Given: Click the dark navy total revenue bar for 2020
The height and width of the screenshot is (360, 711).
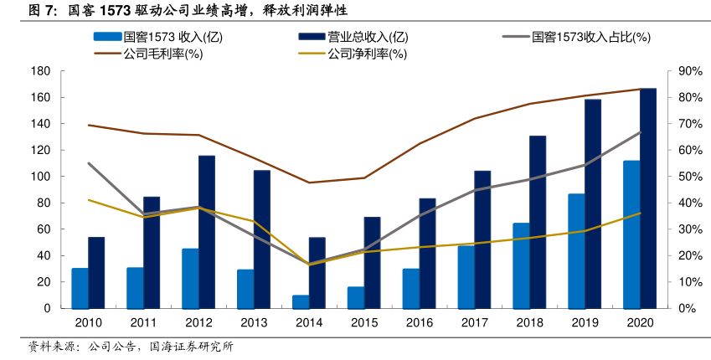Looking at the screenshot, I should (x=648, y=198).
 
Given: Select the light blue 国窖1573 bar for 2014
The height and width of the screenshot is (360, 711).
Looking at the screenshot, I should (x=301, y=301).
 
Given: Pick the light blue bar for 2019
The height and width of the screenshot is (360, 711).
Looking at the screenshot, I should (x=576, y=251).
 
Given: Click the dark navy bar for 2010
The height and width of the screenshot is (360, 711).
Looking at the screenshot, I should (x=96, y=273).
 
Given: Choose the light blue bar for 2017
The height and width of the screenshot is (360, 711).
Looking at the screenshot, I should (x=466, y=277).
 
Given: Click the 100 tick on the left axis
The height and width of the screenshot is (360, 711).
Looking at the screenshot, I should (x=40, y=177).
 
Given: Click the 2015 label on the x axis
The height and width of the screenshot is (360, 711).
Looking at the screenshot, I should (x=364, y=323).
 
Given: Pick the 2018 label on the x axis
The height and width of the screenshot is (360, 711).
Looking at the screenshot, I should (x=529, y=323).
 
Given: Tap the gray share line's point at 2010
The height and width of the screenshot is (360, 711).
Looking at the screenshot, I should (x=89, y=163).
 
